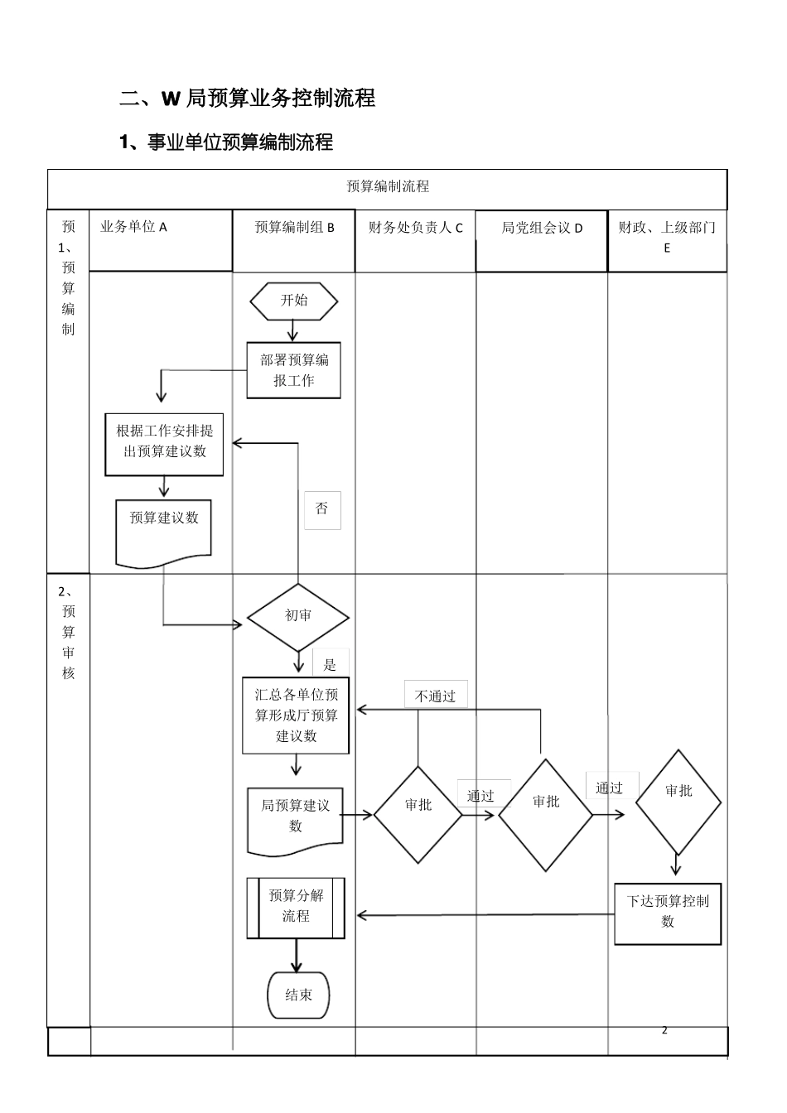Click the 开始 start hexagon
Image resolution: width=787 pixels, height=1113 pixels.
coord(294,301)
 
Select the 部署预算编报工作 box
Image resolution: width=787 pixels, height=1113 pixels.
coord(294,370)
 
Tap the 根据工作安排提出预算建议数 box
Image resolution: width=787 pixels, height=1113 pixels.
coord(164,442)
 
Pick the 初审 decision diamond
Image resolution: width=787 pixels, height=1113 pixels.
coord(298,617)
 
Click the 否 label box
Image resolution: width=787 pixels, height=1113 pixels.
coord(322,509)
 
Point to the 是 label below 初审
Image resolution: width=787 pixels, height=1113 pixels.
coord(331,664)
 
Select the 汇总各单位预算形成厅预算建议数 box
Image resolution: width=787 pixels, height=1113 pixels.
coord(296,715)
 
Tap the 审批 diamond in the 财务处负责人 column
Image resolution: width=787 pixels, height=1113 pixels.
coord(418,814)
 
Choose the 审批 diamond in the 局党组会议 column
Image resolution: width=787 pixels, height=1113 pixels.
coord(546,814)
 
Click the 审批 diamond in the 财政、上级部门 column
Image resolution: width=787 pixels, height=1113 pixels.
coord(678,802)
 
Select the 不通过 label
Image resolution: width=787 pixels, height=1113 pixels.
coord(436,696)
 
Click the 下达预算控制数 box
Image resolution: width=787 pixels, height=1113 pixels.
coord(668,913)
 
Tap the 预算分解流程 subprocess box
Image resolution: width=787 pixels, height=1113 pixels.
coord(296,908)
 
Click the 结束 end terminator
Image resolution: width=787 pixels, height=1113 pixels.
coord(298,995)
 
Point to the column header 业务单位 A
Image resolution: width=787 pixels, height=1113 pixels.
coord(134,227)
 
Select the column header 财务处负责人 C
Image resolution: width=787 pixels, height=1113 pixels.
coord(415,228)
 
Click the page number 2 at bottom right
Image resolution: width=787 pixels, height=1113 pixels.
coord(664,1030)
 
